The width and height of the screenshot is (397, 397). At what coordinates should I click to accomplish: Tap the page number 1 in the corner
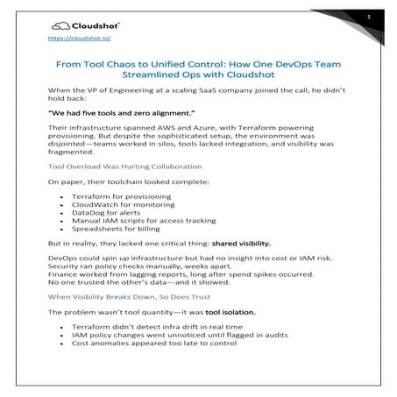370,18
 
